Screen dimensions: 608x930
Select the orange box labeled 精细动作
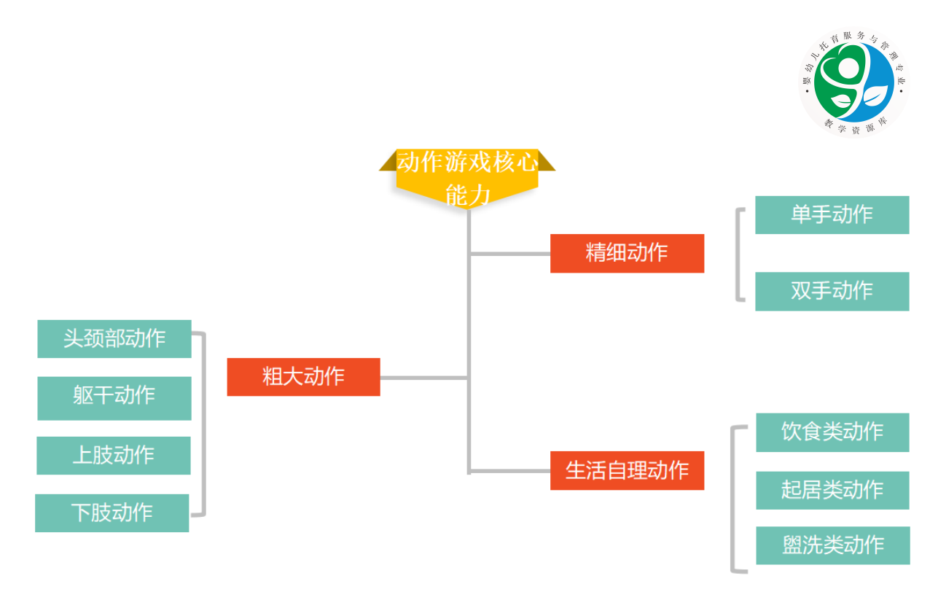tap(627, 253)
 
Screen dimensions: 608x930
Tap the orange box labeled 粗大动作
tap(303, 377)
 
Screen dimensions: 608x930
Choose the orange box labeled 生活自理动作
tap(627, 470)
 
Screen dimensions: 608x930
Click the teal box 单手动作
tap(832, 215)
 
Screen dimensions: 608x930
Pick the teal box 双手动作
tap(832, 291)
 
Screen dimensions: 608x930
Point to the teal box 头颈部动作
tap(114, 339)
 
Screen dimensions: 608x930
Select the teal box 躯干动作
tap(114, 398)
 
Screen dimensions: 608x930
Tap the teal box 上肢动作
tap(114, 456)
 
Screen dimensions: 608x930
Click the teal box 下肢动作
tap(112, 513)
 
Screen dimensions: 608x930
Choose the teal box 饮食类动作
tap(832, 432)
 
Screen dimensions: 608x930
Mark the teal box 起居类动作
tap(832, 490)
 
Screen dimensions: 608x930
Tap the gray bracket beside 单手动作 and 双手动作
tap(738, 254)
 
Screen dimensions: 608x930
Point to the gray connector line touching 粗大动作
tap(423, 378)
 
